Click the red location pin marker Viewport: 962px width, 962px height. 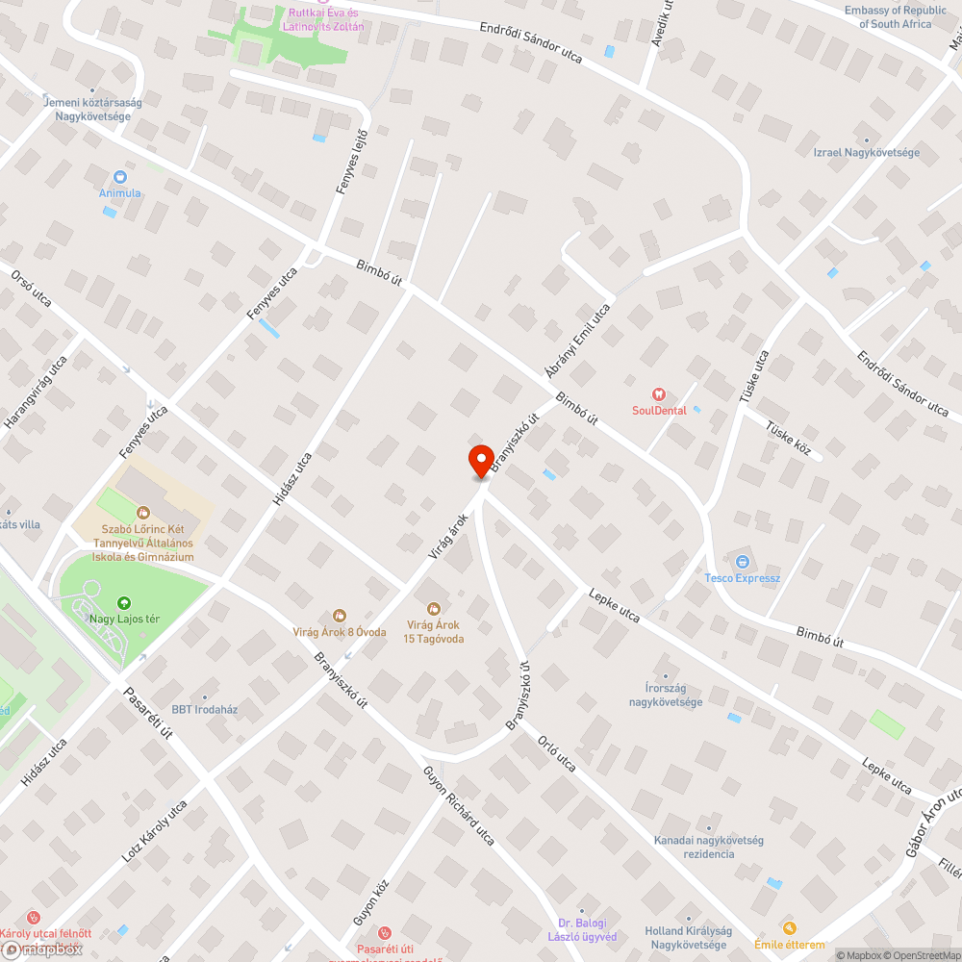coord(480,461)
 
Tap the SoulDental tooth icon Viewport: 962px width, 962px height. coord(659,393)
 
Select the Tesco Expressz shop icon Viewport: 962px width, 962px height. coord(742,562)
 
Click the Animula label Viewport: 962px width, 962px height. coord(119,192)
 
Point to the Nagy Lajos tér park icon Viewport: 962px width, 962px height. coord(123,603)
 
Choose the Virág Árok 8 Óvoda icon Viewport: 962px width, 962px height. coord(339,616)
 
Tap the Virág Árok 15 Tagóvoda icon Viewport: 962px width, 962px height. coord(433,608)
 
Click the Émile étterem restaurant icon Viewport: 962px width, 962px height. coord(790,927)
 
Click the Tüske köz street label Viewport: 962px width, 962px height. coord(789,439)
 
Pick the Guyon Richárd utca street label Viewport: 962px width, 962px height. coord(459,806)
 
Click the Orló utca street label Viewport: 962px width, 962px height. coord(557,753)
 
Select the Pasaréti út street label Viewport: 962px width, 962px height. coord(146,713)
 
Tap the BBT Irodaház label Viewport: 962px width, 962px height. coord(204,710)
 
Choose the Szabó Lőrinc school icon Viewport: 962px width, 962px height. coord(144,513)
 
